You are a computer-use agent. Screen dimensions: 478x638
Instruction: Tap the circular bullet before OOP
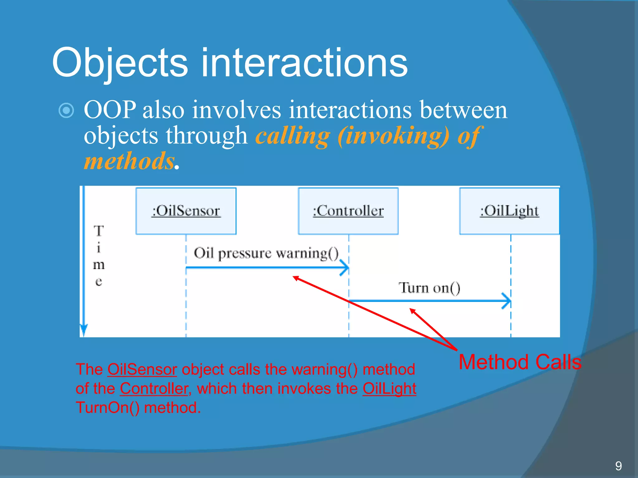pyautogui.click(x=66, y=110)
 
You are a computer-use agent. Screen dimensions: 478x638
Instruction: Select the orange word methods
pyautogui.click(x=129, y=161)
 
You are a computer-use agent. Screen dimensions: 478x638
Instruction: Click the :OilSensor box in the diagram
pyautogui.click(x=186, y=211)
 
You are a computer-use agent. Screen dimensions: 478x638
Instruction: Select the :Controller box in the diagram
pyautogui.click(x=348, y=211)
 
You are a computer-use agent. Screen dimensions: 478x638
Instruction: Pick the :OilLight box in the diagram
pyautogui.click(x=509, y=211)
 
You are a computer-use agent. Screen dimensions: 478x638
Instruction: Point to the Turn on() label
pyautogui.click(x=429, y=288)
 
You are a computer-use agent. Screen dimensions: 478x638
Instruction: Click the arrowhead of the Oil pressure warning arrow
pyautogui.click(x=345, y=268)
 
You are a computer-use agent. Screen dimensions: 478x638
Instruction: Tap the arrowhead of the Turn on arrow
pyautogui.click(x=507, y=301)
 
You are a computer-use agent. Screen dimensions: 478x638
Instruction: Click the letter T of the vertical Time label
pyautogui.click(x=98, y=231)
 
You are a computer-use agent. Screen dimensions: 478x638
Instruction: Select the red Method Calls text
pyautogui.click(x=520, y=362)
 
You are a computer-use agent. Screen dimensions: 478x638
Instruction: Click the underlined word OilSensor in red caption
pyautogui.click(x=142, y=370)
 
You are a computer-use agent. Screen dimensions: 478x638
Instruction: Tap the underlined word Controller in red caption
pyautogui.click(x=154, y=389)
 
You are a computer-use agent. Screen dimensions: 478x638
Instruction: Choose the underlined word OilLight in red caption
pyautogui.click(x=389, y=389)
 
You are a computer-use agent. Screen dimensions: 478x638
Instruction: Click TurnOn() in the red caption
pyautogui.click(x=107, y=408)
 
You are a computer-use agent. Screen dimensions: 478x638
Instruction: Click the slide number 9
pyautogui.click(x=618, y=466)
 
